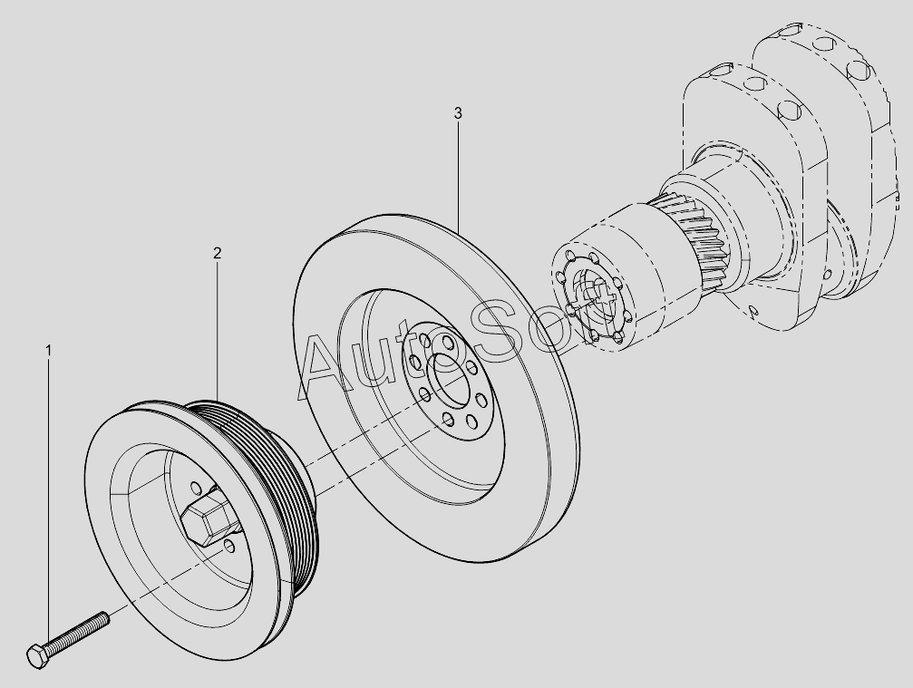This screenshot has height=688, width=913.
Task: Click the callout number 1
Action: click(x=48, y=351)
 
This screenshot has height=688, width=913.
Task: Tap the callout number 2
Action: click(x=218, y=253)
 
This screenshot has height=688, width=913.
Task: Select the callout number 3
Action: click(x=458, y=113)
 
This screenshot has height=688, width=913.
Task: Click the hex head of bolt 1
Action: click(x=39, y=656)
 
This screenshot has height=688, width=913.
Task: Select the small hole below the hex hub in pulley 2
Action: click(x=230, y=547)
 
